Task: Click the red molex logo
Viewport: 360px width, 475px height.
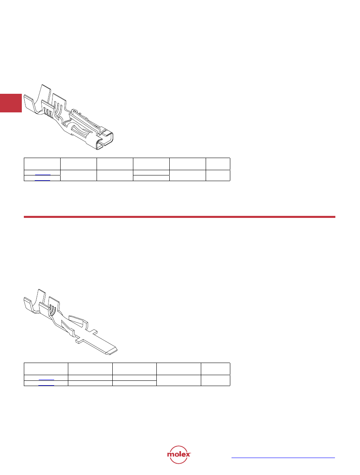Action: pyautogui.click(x=179, y=454)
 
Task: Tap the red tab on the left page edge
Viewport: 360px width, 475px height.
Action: pyautogui.click(x=11, y=103)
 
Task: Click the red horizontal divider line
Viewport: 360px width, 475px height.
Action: pyautogui.click(x=179, y=217)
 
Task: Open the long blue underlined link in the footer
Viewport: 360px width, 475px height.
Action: pyautogui.click(x=283, y=458)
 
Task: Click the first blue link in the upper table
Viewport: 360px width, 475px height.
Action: pyautogui.click(x=43, y=175)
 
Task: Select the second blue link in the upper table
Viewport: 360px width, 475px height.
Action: pyautogui.click(x=42, y=180)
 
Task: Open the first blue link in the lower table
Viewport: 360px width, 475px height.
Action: pyautogui.click(x=46, y=380)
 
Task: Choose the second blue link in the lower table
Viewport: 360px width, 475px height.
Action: pyautogui.click(x=46, y=385)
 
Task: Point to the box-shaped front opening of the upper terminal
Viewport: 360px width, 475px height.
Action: pyautogui.click(x=105, y=140)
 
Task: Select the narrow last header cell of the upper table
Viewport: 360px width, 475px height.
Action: pyautogui.click(x=218, y=164)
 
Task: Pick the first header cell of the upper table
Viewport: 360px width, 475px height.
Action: pyautogui.click(x=42, y=164)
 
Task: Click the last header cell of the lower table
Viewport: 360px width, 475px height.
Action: pyautogui.click(x=216, y=369)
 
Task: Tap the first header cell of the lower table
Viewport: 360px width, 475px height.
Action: pyautogui.click(x=46, y=369)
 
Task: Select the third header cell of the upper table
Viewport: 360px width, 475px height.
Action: pyautogui.click(x=115, y=164)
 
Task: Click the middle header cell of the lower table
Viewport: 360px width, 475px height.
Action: pyautogui.click(x=135, y=369)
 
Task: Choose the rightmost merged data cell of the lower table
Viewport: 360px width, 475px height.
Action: pyautogui.click(x=216, y=380)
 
